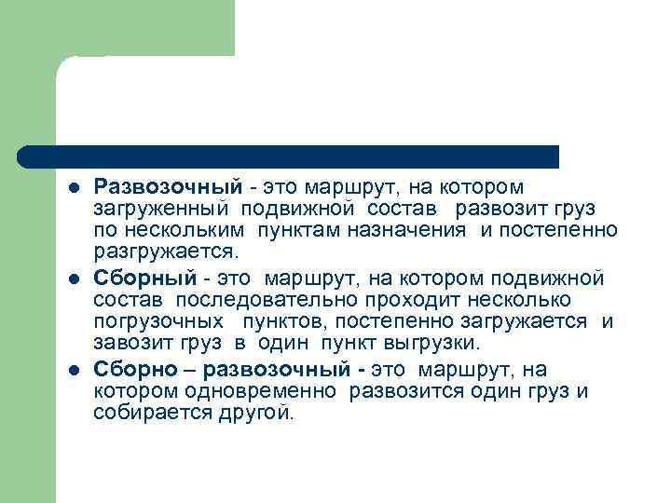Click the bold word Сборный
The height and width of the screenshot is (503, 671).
click(x=145, y=278)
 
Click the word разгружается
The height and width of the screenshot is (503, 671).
click(x=166, y=251)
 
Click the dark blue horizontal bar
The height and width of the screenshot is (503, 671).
click(x=289, y=156)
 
